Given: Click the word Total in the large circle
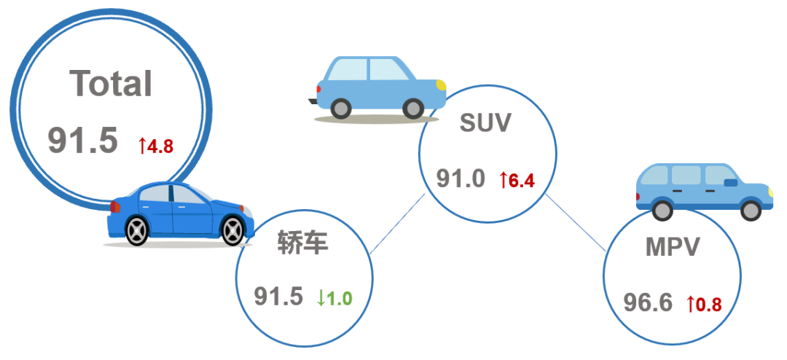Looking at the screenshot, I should coord(111,83).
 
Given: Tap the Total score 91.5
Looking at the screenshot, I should coord(83,141).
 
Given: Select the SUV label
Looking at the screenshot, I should coord(485,122).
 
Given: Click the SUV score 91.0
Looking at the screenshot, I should coord(461,179).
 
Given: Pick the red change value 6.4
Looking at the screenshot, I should coord(521,181).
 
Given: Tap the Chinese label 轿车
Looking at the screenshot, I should coord(303,243).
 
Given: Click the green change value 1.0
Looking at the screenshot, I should coord(340,298).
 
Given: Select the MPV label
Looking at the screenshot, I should coord(672,247).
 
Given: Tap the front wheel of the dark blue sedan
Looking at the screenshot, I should coord(232,230).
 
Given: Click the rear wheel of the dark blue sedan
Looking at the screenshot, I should coord(137,230).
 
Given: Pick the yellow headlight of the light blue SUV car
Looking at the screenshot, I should coord(441,85).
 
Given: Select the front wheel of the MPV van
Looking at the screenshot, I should coord(751,210).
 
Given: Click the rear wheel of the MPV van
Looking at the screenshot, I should coord(662,210).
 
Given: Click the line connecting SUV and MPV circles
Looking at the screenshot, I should coord(576,222).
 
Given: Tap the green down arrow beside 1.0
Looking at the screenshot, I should coord(321,298).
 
